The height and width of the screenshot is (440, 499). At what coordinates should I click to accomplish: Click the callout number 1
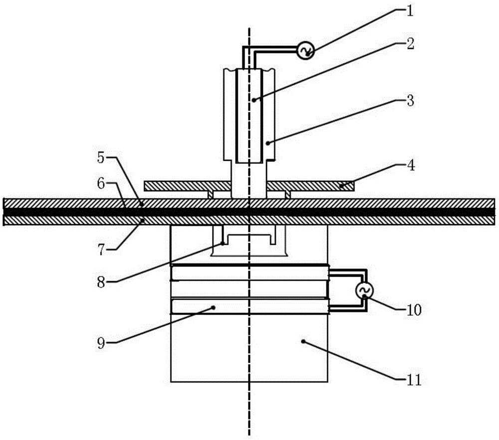pyautogui.click(x=410, y=11)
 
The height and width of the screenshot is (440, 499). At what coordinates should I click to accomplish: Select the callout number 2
pyautogui.click(x=410, y=43)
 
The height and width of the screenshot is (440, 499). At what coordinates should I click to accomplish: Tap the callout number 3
pyautogui.click(x=410, y=101)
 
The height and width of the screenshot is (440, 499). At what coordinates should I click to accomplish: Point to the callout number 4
pyautogui.click(x=411, y=165)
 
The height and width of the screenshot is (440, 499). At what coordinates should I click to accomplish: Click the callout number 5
pyautogui.click(x=101, y=158)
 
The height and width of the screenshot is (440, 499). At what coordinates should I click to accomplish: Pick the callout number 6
pyautogui.click(x=101, y=183)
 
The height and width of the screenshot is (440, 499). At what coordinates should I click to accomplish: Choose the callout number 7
pyautogui.click(x=101, y=250)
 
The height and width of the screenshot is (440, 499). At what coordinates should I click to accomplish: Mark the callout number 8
pyautogui.click(x=101, y=282)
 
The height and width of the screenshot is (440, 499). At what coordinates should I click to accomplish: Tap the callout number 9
pyautogui.click(x=101, y=343)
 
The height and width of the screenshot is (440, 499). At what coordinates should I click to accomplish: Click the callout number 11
pyautogui.click(x=414, y=380)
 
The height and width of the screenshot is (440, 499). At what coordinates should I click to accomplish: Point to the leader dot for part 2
pyautogui.click(x=253, y=100)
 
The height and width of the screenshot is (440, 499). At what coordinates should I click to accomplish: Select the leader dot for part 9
pyautogui.click(x=214, y=308)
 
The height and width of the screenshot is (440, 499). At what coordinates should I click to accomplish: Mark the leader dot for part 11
pyautogui.click(x=303, y=341)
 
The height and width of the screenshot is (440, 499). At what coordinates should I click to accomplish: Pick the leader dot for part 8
pyautogui.click(x=223, y=244)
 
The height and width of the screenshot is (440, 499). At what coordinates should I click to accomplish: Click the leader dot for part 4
pyautogui.click(x=341, y=185)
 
